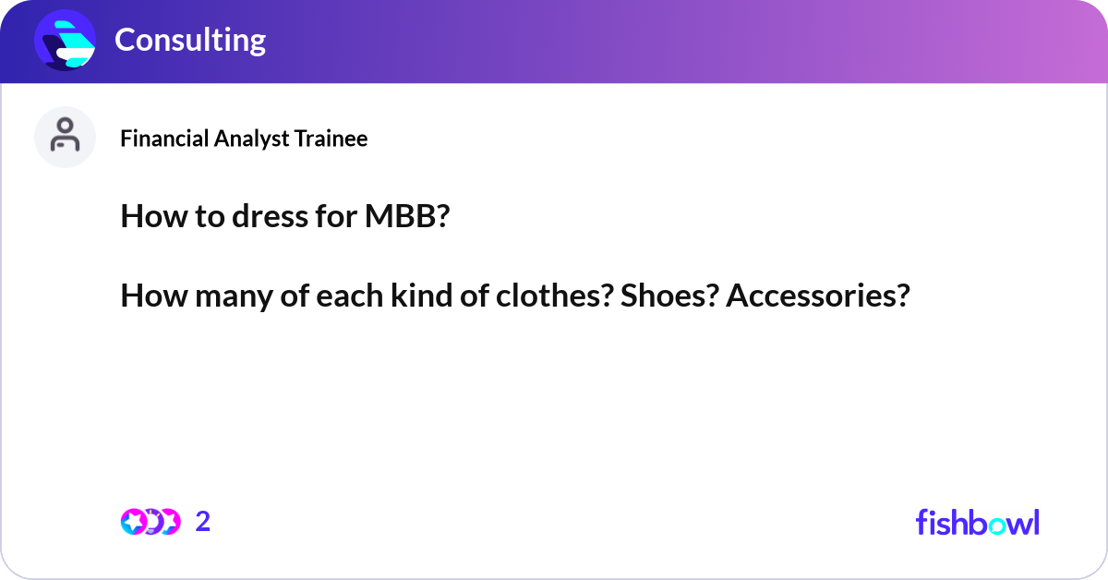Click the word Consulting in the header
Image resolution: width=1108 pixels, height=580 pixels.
189,40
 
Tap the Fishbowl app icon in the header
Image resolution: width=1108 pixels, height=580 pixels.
66,40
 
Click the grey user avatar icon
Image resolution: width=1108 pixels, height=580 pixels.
65,137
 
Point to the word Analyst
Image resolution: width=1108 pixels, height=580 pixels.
252,139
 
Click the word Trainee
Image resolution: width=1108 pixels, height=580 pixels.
331,139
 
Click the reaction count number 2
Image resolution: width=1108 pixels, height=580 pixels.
203,522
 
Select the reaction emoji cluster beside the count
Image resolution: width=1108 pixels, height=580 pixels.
150,522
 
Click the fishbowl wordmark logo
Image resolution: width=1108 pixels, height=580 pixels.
977,522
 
